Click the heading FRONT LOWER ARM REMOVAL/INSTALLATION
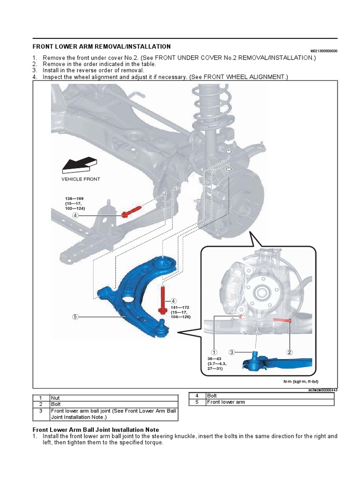tap(101, 47)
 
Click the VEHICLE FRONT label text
tap(81, 179)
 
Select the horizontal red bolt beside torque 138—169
tap(131, 212)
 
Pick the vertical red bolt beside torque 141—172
tap(162, 300)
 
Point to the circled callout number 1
tap(214, 352)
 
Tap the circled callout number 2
tap(290, 352)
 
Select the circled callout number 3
tap(232, 352)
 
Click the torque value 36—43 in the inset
tap(214, 359)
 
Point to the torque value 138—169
tap(74, 199)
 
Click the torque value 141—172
tap(180, 307)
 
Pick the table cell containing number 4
tap(197, 396)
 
